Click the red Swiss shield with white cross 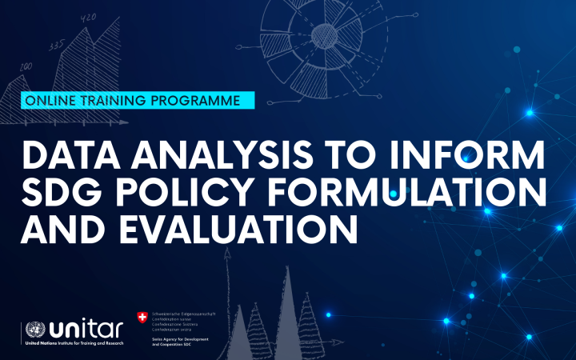[142, 318]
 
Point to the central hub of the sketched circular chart [326, 34]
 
